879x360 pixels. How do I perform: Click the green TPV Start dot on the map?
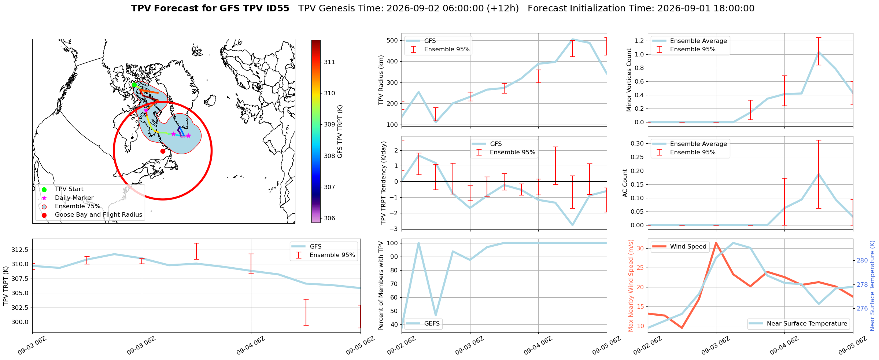134,85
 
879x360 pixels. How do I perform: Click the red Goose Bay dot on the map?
163,151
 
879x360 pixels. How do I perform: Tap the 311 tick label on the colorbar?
329,62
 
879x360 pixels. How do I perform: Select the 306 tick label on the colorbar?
329,218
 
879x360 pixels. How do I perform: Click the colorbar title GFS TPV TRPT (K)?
340,132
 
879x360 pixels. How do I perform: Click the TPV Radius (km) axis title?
381,80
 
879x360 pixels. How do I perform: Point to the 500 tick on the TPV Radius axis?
393,40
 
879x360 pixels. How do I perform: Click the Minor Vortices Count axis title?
629,80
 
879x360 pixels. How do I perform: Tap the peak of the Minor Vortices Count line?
819,52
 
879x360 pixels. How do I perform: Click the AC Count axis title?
625,183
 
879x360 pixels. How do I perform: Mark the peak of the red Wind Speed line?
716,243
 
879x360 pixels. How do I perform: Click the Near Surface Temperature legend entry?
798,323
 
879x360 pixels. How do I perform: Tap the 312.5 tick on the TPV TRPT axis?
21,250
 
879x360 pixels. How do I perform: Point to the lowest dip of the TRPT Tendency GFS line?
572,225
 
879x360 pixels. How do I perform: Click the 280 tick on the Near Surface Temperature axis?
862,261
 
